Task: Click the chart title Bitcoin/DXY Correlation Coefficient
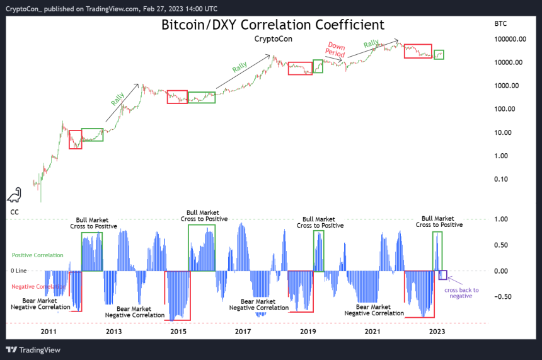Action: [272, 25]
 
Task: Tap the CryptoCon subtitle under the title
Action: [273, 39]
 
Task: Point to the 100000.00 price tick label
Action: [511, 39]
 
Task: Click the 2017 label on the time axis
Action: [243, 331]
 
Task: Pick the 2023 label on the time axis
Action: [437, 331]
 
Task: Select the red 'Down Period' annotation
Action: [337, 50]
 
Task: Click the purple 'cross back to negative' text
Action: [461, 293]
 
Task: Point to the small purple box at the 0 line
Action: [443, 275]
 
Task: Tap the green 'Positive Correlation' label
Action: [38, 255]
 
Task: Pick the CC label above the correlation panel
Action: [14, 212]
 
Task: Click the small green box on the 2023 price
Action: [439, 55]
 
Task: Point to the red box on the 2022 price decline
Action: [418, 52]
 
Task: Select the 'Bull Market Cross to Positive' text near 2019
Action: [320, 222]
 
